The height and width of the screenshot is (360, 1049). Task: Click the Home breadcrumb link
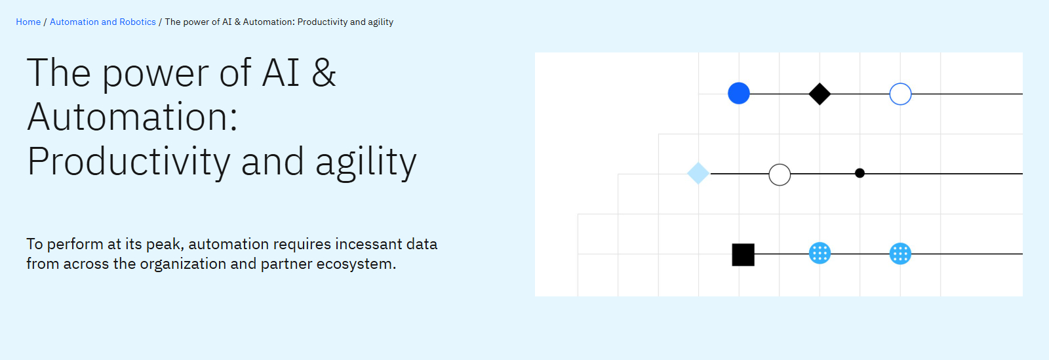(28, 22)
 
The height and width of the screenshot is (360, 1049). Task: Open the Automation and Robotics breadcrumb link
(103, 22)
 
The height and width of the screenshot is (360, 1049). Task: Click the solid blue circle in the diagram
(739, 94)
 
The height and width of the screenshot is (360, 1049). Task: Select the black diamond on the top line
(820, 94)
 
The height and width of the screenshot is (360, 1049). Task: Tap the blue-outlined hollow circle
(900, 94)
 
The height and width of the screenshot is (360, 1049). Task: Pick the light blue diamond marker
(698, 173)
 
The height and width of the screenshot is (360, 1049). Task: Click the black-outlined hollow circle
(780, 174)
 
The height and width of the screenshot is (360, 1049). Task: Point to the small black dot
(860, 173)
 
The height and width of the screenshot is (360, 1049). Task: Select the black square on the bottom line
(743, 254)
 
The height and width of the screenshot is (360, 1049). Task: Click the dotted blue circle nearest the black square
(820, 253)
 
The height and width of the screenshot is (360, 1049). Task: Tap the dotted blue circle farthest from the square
(900, 253)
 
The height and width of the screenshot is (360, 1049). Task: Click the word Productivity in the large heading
(129, 162)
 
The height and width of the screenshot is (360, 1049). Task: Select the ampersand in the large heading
(324, 73)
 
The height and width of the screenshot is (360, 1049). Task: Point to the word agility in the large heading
(365, 162)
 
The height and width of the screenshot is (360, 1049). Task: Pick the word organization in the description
(183, 264)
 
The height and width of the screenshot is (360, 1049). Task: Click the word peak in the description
(164, 245)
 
